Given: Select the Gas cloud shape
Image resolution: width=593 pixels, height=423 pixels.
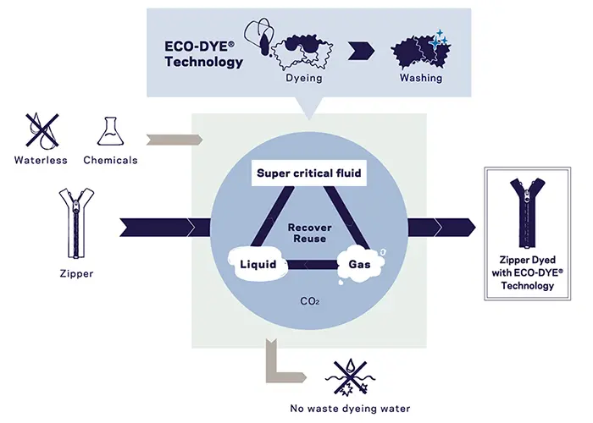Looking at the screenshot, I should (358, 265).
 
